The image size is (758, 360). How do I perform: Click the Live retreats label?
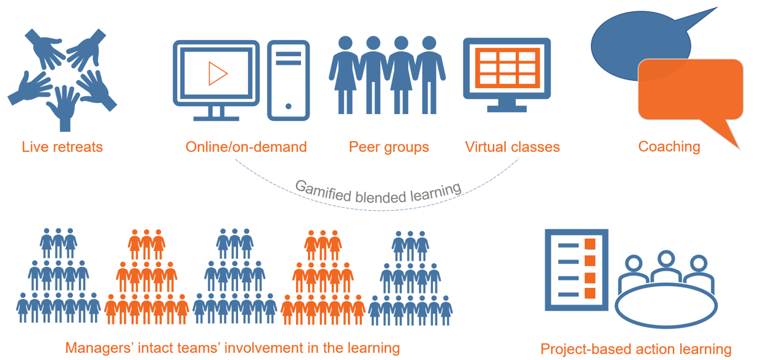click(x=62, y=147)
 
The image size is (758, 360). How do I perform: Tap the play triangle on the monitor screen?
click(x=217, y=74)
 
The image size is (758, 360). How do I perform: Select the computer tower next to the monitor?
click(x=288, y=80)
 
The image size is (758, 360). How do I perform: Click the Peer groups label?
click(x=389, y=147)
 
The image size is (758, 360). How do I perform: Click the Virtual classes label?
click(x=512, y=147)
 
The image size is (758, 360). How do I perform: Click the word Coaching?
click(x=669, y=147)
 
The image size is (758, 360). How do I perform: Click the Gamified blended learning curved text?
click(x=377, y=192)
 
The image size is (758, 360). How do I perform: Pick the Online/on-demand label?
click(x=246, y=147)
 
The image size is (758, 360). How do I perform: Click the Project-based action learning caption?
click(x=636, y=349)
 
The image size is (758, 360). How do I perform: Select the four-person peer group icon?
click(x=387, y=74)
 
